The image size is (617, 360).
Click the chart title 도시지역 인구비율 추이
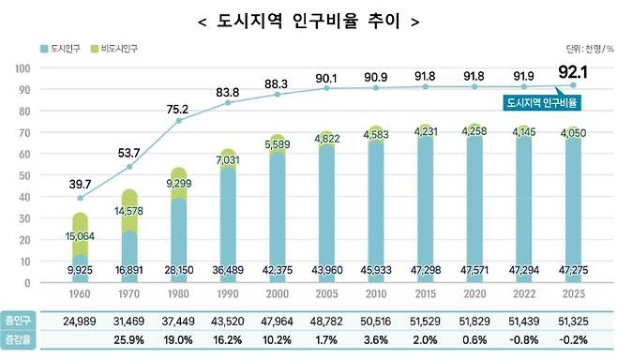click(x=308, y=20)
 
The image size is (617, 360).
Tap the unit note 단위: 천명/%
click(x=588, y=48)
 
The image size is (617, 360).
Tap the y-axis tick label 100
click(x=23, y=68)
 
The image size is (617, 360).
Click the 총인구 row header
click(x=19, y=322)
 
